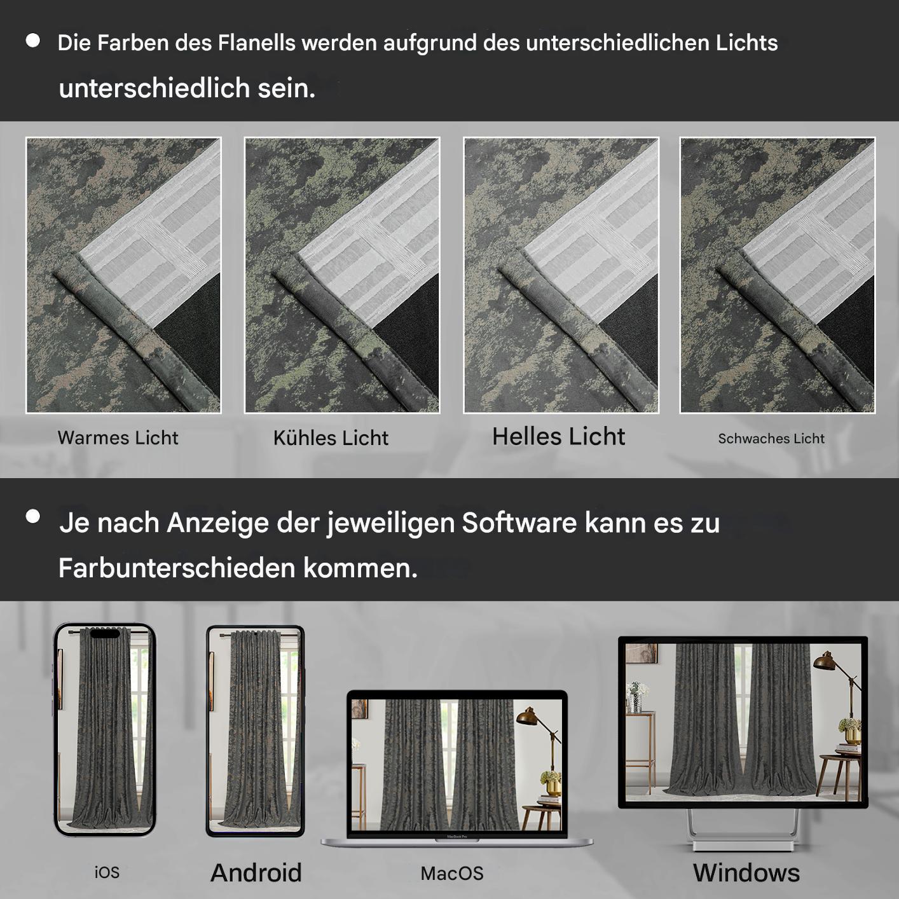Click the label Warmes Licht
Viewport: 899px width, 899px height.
coord(118,437)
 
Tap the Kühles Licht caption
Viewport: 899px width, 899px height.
coord(331,437)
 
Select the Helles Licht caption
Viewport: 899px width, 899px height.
coord(558,437)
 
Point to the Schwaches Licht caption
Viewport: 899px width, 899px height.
coord(771,439)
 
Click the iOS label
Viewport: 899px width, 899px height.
coord(107,872)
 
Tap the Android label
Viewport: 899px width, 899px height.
coord(256,872)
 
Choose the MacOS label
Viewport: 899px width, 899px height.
coord(452,874)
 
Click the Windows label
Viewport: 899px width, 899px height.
coord(746,872)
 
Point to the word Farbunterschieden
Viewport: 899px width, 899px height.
coord(177,568)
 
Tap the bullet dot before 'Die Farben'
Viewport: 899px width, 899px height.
coord(32,41)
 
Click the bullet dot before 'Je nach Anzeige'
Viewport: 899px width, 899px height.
coord(32,516)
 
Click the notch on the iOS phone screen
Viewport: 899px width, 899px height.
coord(105,633)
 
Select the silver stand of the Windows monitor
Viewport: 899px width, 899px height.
coord(743,830)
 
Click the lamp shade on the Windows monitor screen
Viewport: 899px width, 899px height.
coord(825,662)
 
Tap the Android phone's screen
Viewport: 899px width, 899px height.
coord(255,731)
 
